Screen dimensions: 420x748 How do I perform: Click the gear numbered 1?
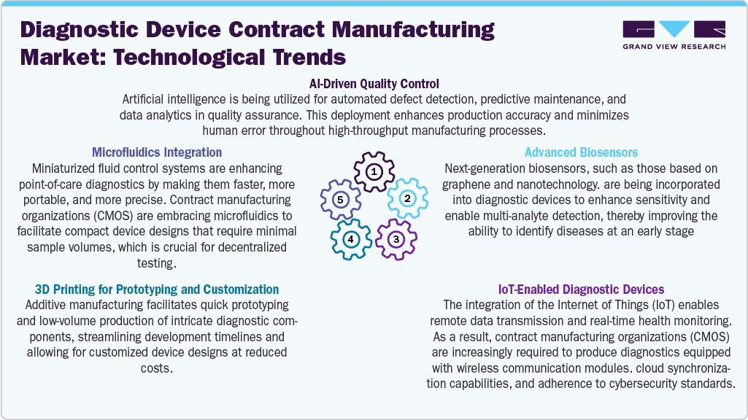(x=374, y=172)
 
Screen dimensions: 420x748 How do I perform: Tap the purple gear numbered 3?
(x=396, y=238)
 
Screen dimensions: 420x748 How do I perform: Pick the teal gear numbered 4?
(x=351, y=238)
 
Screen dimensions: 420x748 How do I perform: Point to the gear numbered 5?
(x=339, y=198)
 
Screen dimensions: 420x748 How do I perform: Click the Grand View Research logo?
(x=674, y=35)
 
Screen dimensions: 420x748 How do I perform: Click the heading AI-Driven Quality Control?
(x=374, y=84)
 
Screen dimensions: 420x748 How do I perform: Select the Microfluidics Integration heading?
(x=157, y=152)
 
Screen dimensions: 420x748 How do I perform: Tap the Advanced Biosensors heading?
(x=581, y=152)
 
